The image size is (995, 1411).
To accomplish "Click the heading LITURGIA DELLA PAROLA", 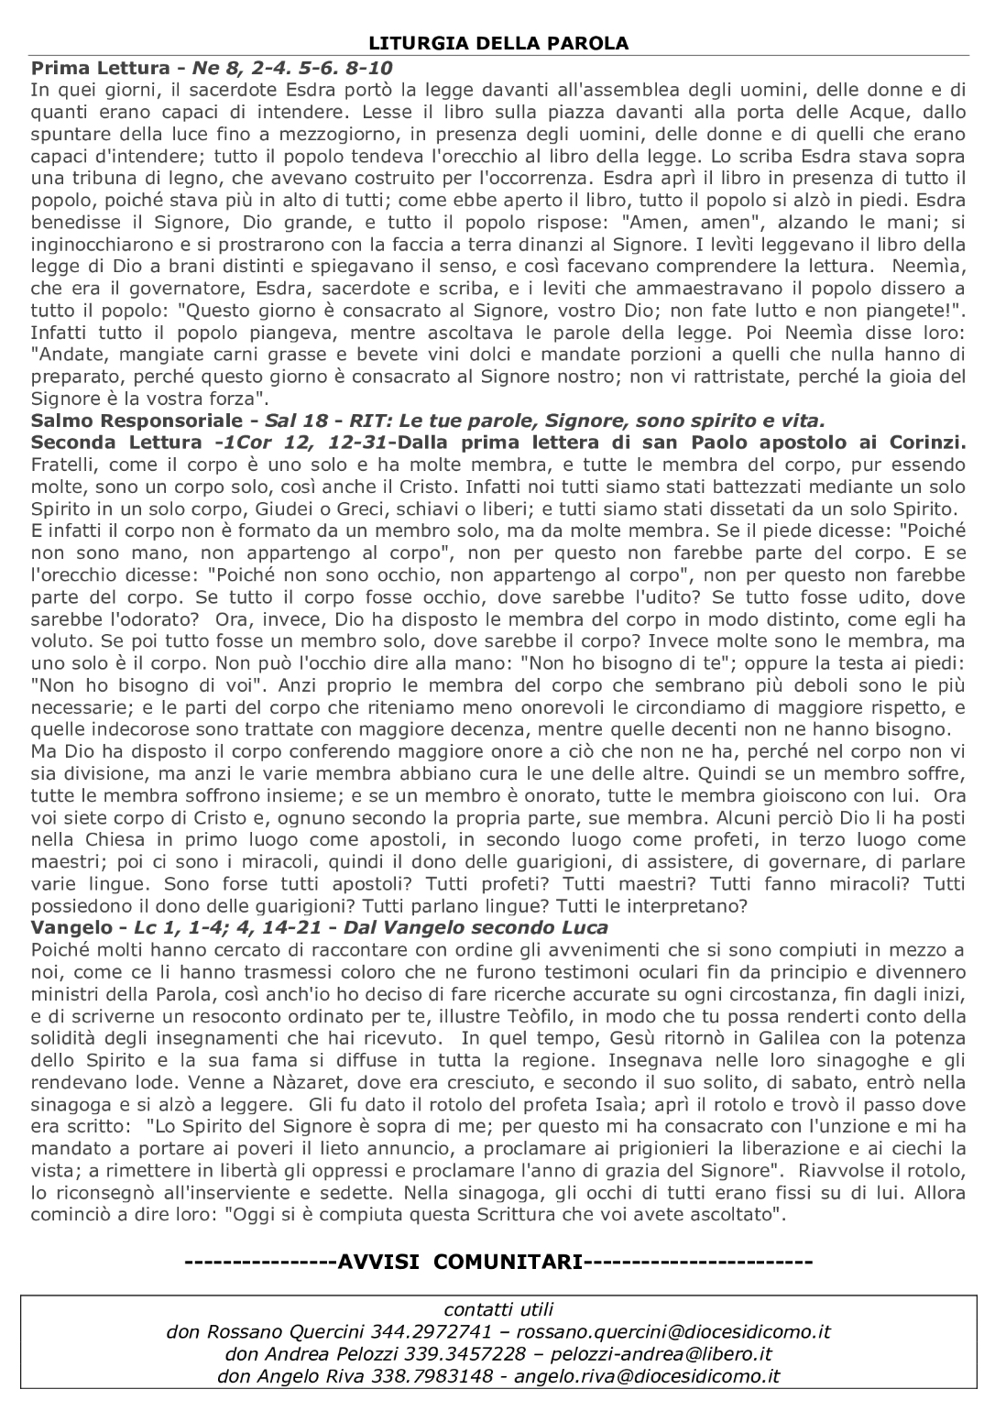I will pyautogui.click(x=498, y=43).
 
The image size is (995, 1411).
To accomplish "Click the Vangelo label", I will pyautogui.click(x=70, y=927).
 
